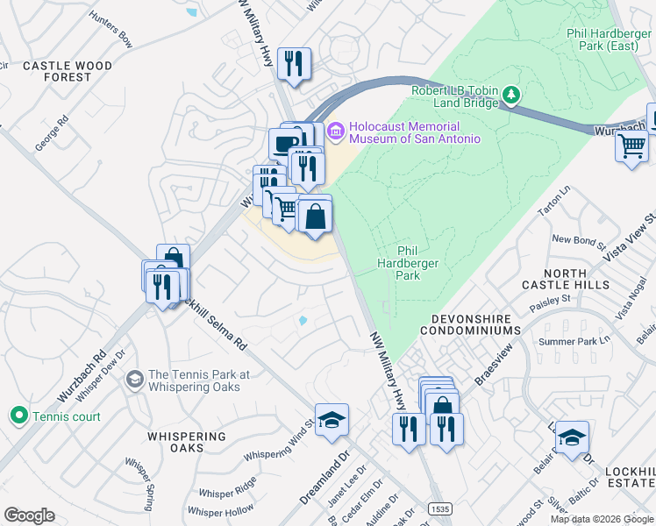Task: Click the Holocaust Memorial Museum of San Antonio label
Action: click(415, 132)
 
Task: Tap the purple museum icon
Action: click(335, 132)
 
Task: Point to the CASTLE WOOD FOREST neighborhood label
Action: click(68, 71)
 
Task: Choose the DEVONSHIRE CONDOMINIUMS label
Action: click(470, 324)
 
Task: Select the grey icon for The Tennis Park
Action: click(134, 380)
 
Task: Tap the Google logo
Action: click(29, 515)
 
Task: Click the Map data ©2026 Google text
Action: click(601, 519)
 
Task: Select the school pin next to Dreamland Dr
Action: click(332, 421)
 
